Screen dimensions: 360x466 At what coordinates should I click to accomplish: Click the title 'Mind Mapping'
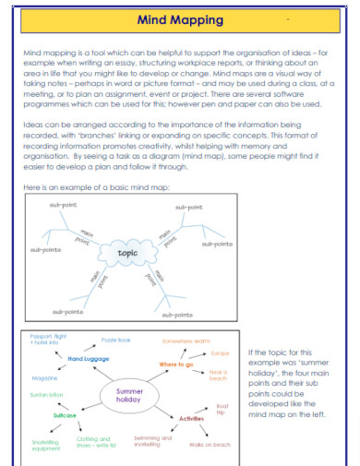pyautogui.click(x=180, y=18)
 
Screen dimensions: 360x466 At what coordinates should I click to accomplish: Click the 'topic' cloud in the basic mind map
pyautogui.click(x=127, y=251)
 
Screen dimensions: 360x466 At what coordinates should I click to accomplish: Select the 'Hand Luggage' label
pyautogui.click(x=89, y=358)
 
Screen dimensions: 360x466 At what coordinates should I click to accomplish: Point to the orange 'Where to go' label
pyautogui.click(x=176, y=364)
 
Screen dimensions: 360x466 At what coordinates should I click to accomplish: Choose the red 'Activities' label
pyautogui.click(x=191, y=418)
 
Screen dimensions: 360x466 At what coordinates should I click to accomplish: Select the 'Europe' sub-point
pyautogui.click(x=221, y=353)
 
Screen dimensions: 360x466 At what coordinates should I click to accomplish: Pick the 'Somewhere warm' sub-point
pyautogui.click(x=187, y=341)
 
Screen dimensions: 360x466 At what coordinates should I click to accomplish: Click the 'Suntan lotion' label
pyautogui.click(x=47, y=394)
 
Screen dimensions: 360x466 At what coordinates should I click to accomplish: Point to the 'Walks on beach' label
pyautogui.click(x=210, y=445)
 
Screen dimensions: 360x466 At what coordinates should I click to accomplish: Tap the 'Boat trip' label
pyautogui.click(x=222, y=410)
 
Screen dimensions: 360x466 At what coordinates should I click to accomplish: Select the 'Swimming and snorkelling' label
pyautogui.click(x=153, y=442)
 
